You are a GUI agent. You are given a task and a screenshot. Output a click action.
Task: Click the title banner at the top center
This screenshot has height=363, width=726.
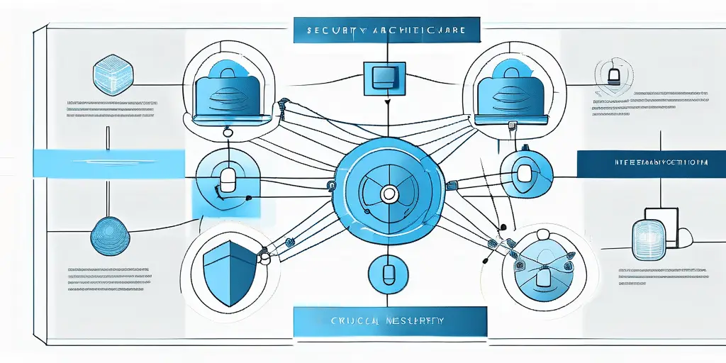click(x=386, y=31)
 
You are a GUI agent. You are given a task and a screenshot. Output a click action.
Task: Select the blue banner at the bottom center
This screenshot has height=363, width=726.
click(x=390, y=321)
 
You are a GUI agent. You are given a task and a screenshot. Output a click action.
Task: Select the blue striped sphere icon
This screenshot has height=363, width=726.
click(x=111, y=237)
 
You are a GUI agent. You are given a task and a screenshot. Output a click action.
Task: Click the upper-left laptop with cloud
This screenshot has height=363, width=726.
click(x=230, y=91)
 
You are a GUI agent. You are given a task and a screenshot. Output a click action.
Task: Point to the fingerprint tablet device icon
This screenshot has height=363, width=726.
click(x=649, y=234)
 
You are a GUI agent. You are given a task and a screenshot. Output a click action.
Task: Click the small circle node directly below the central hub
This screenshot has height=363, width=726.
click(x=386, y=272)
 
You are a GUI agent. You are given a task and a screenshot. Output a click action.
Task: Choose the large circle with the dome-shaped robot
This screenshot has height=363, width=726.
click(x=544, y=265)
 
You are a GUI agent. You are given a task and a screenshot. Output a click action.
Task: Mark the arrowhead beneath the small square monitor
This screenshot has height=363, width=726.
click(x=386, y=103)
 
